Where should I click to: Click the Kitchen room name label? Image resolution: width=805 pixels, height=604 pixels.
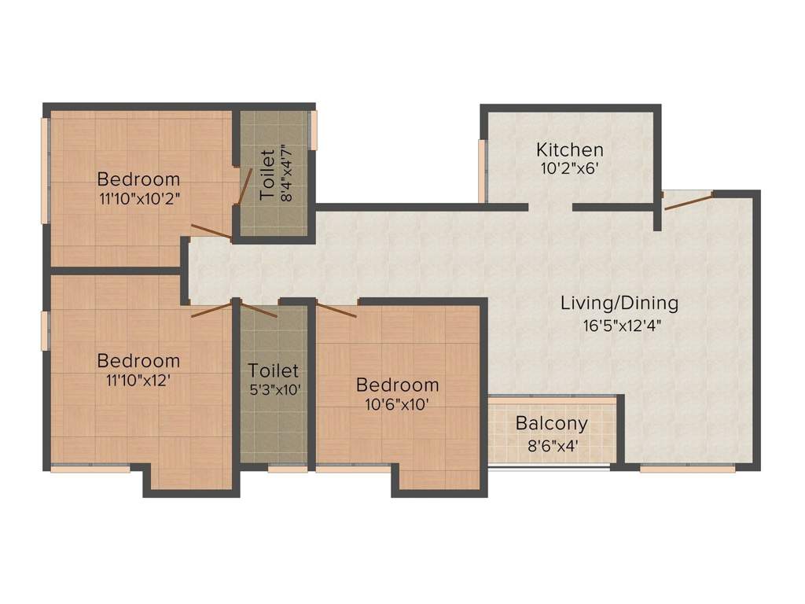[570, 149]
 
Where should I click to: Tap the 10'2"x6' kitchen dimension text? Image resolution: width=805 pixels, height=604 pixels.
[570, 168]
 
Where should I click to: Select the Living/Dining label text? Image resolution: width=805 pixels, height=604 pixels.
[619, 303]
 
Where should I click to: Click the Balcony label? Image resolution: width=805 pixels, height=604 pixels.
[551, 424]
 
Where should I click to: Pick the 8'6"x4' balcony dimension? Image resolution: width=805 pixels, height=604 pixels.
[551, 444]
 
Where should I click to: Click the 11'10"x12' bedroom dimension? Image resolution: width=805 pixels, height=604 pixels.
[138, 381]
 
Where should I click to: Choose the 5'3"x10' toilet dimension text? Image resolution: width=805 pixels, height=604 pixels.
[274, 389]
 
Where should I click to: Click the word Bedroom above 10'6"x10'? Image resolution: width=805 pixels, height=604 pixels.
[397, 385]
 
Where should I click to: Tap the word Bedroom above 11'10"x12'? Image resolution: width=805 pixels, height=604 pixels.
[138, 361]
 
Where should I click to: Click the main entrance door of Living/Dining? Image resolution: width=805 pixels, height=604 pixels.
[688, 200]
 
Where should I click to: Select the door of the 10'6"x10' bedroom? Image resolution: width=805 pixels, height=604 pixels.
[336, 309]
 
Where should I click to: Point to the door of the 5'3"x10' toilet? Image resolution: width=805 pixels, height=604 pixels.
[258, 308]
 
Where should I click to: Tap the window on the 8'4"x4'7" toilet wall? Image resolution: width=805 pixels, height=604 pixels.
[313, 129]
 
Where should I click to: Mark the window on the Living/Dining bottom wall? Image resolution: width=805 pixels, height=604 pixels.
[687, 469]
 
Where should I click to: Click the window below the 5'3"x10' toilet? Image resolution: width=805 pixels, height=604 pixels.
[287, 470]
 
